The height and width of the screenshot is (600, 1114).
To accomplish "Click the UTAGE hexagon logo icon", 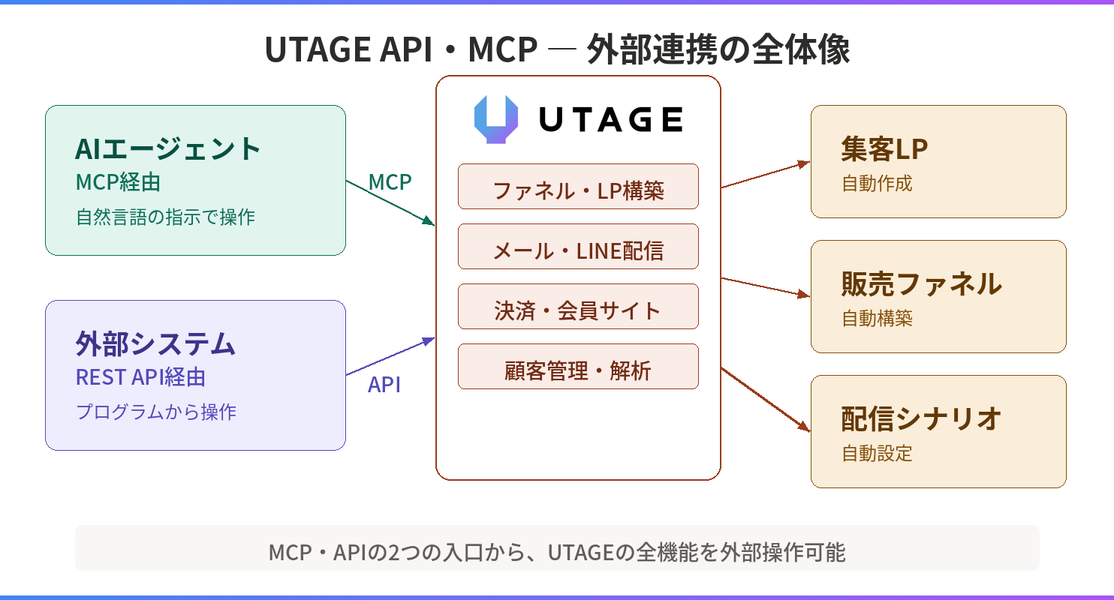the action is pos(496,119).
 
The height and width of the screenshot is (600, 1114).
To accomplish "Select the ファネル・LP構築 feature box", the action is pos(578,186).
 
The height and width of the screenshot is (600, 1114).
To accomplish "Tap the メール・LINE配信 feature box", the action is pos(578,246).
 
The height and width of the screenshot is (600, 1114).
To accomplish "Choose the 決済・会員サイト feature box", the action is pos(578,307).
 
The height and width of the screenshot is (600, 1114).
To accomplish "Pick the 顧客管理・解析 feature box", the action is pos(578,367).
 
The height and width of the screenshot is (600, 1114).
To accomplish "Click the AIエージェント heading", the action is pos(167,148).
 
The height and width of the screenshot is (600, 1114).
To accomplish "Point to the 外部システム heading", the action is pos(155,343).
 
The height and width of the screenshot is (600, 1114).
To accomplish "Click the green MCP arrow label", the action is pos(390,182).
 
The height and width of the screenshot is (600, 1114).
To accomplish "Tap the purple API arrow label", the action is pos(384,385).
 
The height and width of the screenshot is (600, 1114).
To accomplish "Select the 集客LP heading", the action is pos(884,148).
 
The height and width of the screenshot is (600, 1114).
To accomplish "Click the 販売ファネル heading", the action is pos(922,284).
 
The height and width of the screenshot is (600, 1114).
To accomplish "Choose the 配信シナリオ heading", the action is pos(921,418).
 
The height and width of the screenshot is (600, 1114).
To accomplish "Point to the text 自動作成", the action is pos(878,183).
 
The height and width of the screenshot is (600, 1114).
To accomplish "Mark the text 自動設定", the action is pos(878,453).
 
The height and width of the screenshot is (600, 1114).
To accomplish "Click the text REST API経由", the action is pos(140,377).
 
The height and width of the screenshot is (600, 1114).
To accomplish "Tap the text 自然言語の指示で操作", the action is pos(166,217).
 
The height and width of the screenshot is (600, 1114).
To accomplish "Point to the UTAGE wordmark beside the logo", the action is pos(611,119).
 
